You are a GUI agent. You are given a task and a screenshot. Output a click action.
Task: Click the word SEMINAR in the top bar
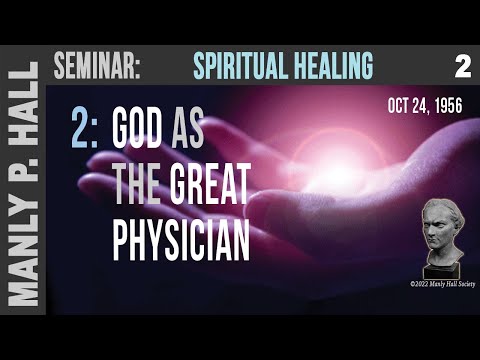click(x=96, y=67)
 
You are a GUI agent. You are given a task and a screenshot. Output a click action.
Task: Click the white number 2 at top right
click(x=461, y=67)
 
